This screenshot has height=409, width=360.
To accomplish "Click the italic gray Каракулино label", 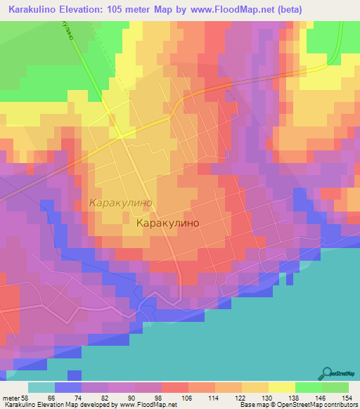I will click(120, 202).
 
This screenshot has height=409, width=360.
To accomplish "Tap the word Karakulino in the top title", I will click(32, 10).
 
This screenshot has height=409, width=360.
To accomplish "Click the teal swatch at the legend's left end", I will click(41, 388).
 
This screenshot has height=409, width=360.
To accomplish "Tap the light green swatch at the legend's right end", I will click(335, 388).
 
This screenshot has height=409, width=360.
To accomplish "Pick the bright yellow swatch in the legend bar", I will click(281, 388).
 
